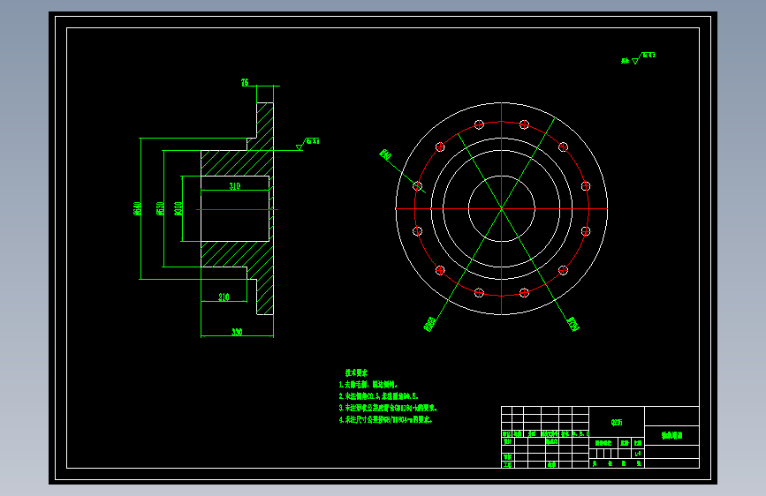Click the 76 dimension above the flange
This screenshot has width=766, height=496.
[245, 83]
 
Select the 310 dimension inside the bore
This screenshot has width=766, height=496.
[234, 187]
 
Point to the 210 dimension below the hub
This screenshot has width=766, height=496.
[224, 297]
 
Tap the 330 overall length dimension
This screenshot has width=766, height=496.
[237, 332]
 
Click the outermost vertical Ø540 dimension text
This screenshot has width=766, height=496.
[138, 208]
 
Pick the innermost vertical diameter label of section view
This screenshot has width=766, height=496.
[178, 208]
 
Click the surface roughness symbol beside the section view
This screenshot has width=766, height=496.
[300, 147]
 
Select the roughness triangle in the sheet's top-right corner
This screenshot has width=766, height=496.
[635, 61]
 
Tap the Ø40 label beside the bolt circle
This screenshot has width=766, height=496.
[385, 155]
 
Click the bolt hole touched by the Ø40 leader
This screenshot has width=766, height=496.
[418, 186]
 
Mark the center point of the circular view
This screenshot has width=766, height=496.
[501, 208]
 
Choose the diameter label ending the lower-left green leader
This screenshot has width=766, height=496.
[430, 325]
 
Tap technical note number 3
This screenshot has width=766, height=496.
[389, 409]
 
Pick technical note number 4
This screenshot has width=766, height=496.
[389, 420]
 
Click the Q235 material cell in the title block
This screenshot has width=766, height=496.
[616, 422]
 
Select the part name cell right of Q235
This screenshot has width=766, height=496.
[671, 436]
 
